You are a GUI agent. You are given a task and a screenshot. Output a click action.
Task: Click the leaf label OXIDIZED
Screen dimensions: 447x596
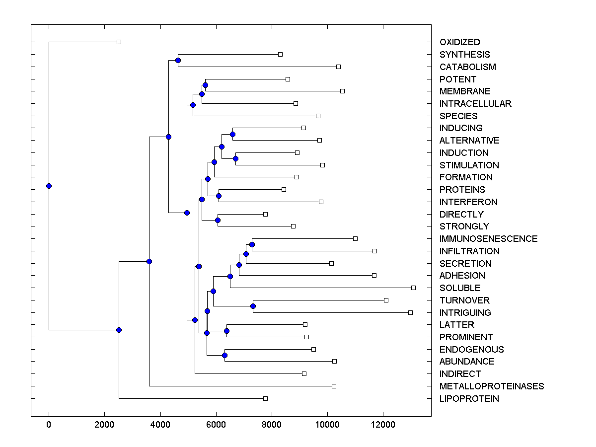pyautogui.click(x=459, y=42)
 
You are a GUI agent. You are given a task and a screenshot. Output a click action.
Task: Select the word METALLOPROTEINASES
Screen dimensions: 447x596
pyautogui.click(x=491, y=386)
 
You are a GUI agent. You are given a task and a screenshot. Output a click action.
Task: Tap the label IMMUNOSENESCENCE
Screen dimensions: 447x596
pyautogui.click(x=488, y=239)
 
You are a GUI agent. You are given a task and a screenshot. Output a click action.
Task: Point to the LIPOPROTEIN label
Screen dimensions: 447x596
pyautogui.click(x=469, y=399)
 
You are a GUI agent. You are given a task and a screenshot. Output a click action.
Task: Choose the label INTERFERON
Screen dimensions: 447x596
pyautogui.click(x=468, y=202)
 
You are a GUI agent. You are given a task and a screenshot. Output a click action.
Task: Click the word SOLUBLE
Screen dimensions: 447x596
pyautogui.click(x=460, y=288)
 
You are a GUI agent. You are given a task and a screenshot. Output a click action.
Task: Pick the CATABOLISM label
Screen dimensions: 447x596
pyautogui.click(x=467, y=67)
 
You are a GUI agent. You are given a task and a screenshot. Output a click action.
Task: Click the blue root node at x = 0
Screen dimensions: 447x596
pyautogui.click(x=49, y=186)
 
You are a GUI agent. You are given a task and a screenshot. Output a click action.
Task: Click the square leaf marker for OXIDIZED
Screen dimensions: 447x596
pyautogui.click(x=119, y=42)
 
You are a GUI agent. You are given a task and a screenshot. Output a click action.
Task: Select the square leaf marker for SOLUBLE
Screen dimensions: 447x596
pyautogui.click(x=413, y=288)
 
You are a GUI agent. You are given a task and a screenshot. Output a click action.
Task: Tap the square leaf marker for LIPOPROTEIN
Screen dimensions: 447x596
pyautogui.click(x=265, y=398)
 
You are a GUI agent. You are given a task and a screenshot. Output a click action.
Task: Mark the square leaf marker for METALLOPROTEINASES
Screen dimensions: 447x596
pyautogui.click(x=334, y=386)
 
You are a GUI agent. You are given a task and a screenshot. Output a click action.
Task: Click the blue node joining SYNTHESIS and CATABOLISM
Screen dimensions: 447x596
pyautogui.click(x=178, y=60)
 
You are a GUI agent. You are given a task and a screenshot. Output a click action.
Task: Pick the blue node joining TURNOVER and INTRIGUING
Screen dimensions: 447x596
pyautogui.click(x=253, y=306)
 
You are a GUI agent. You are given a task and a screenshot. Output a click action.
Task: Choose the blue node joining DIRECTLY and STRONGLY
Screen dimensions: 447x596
pyautogui.click(x=218, y=220)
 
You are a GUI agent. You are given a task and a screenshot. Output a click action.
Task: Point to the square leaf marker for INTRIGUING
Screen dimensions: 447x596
pyautogui.click(x=410, y=312)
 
